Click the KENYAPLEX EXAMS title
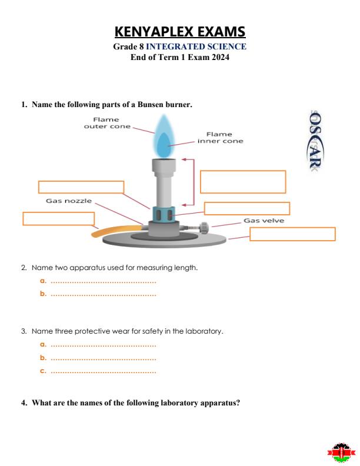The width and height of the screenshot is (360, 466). pos(179,31)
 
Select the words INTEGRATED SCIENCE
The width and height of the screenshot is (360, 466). pos(196,46)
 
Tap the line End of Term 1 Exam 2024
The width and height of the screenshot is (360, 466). pos(179,57)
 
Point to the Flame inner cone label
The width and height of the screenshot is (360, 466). pos(220,138)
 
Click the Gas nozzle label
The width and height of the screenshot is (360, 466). pos(69,201)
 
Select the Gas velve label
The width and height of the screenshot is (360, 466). pos(264,221)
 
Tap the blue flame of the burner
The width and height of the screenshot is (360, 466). pos(165,137)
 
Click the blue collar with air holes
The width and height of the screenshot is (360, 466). pos(164,213)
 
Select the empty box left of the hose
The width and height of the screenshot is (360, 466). pos(58,218)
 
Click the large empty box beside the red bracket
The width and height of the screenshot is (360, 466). pos(242,182)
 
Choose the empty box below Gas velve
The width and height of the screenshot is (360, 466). pos(292,234)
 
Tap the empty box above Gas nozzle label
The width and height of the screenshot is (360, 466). pos(81,187)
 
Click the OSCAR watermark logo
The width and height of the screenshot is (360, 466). pos(315,141)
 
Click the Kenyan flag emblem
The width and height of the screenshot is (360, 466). pos(341,453)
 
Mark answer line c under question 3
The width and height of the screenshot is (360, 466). pos(103,371)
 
